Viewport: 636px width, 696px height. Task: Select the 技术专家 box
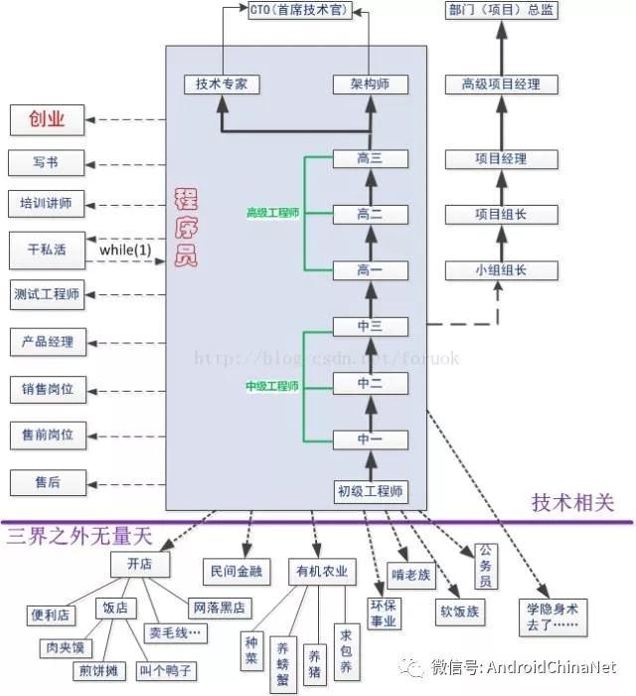(x=222, y=85)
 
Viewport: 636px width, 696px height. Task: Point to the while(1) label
(x=125, y=251)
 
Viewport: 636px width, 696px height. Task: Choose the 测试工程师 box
(x=47, y=294)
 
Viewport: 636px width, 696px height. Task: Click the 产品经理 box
(x=47, y=341)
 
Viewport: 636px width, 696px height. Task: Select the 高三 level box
(x=370, y=158)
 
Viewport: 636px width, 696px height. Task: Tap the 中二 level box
(x=370, y=383)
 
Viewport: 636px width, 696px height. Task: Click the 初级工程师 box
(x=370, y=490)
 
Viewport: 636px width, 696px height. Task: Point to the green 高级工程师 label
(x=272, y=213)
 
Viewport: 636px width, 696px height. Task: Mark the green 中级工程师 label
(x=272, y=386)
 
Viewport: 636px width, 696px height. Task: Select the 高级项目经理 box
(x=501, y=85)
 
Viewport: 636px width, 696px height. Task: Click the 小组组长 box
(x=501, y=269)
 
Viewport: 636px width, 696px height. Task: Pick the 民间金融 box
(x=236, y=571)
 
